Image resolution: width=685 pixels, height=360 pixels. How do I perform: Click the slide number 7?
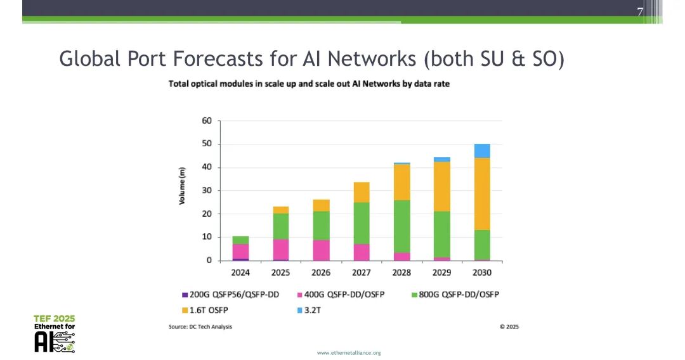pyautogui.click(x=640, y=13)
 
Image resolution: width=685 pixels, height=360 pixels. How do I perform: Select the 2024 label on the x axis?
pyautogui.click(x=240, y=273)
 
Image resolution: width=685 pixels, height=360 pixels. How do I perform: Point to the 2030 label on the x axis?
pyautogui.click(x=482, y=273)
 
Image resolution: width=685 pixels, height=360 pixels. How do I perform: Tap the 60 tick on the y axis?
pyautogui.click(x=207, y=120)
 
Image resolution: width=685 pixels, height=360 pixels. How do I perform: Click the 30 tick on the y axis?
pyautogui.click(x=207, y=191)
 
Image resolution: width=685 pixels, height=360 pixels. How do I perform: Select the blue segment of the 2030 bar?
pyautogui.click(x=482, y=151)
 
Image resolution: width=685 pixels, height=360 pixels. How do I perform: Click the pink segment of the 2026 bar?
pyautogui.click(x=321, y=250)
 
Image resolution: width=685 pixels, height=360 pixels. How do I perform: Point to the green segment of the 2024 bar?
pyautogui.click(x=240, y=240)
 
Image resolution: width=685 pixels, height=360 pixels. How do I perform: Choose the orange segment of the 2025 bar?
pyautogui.click(x=281, y=210)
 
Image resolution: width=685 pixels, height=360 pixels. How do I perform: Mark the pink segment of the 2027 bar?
pyautogui.click(x=361, y=252)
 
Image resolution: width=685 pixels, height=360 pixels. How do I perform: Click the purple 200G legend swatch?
pyautogui.click(x=185, y=295)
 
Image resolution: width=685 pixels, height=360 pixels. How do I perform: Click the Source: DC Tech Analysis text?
pyautogui.click(x=200, y=327)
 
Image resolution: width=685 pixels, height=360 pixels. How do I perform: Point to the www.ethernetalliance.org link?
pyautogui.click(x=349, y=352)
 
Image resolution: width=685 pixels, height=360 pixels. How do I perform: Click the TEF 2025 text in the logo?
pyautogui.click(x=55, y=318)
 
